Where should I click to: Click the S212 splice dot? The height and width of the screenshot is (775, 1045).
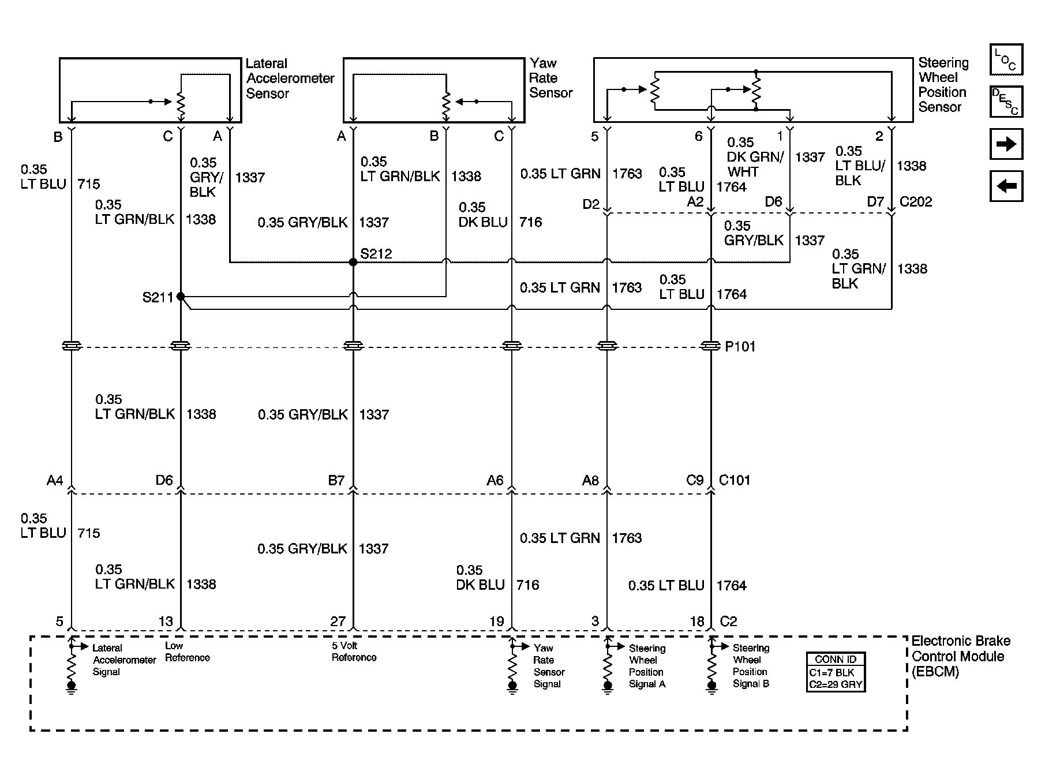[x=353, y=262]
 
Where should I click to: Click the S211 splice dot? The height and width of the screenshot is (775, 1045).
[x=181, y=297]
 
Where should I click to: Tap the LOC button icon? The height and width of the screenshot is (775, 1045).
[x=1006, y=59]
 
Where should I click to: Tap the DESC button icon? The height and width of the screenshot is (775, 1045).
[x=1006, y=102]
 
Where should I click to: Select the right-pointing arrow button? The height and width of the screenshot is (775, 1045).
[x=1006, y=144]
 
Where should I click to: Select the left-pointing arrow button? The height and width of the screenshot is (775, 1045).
[x=1006, y=186]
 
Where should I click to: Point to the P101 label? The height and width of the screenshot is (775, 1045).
[x=740, y=347]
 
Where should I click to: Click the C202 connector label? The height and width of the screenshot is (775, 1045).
[x=916, y=202]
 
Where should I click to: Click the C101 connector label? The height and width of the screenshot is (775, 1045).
[x=734, y=480]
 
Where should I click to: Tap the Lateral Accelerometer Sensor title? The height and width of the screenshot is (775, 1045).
[x=290, y=78]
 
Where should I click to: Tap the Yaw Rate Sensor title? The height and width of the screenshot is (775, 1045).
[x=550, y=78]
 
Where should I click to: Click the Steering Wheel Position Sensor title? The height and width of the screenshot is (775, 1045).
[x=943, y=85]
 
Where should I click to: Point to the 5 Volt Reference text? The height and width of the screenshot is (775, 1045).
[x=353, y=652]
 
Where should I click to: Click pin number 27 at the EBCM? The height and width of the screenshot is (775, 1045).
[x=338, y=622]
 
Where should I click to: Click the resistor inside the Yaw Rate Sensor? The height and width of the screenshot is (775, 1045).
[x=445, y=104]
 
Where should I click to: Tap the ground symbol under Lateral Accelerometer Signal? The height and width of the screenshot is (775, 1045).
[x=71, y=687]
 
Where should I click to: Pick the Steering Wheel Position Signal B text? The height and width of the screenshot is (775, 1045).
[x=750, y=666]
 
